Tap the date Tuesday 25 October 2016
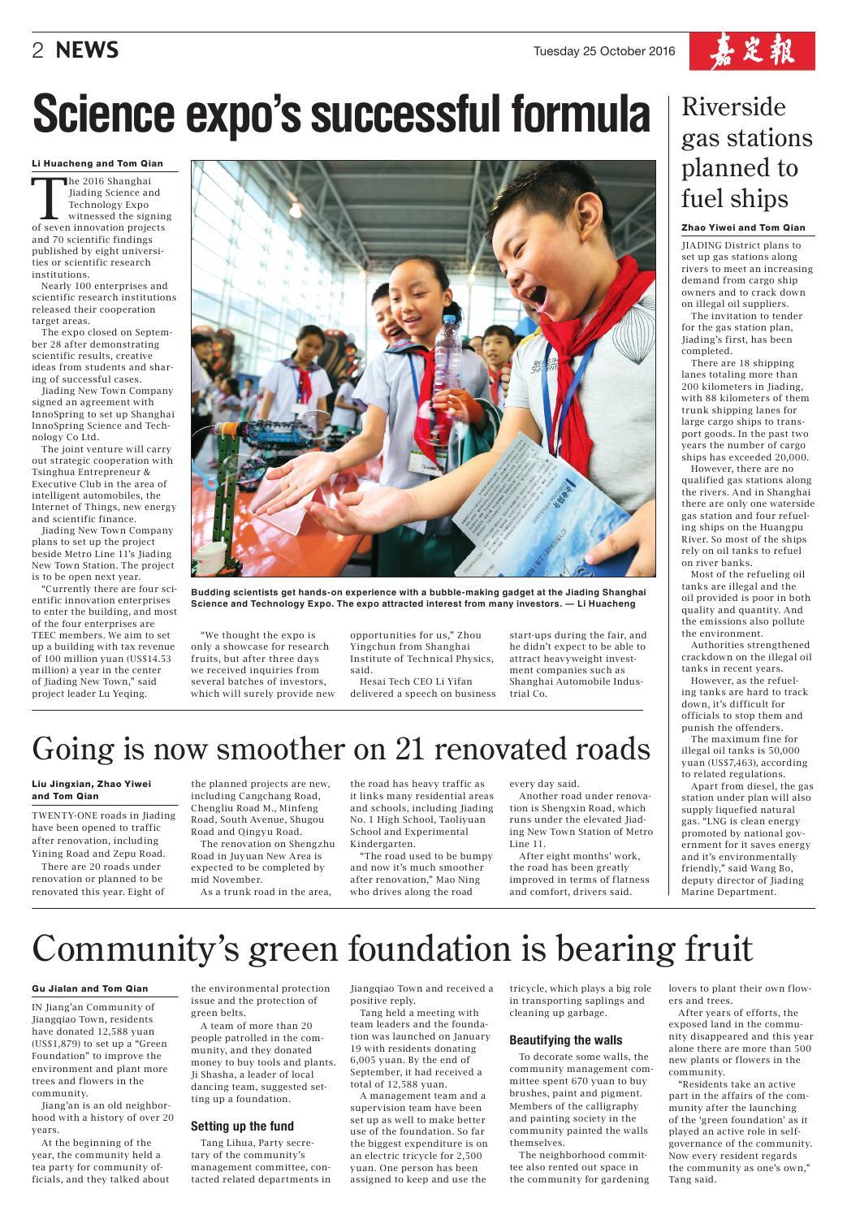point(603,51)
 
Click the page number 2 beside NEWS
point(37,51)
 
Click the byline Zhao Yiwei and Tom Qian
point(743,228)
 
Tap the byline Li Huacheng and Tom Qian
point(97,163)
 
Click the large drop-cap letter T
point(48,197)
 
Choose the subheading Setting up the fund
point(242,1126)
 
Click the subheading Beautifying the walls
point(565,1040)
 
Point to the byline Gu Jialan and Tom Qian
point(89,988)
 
